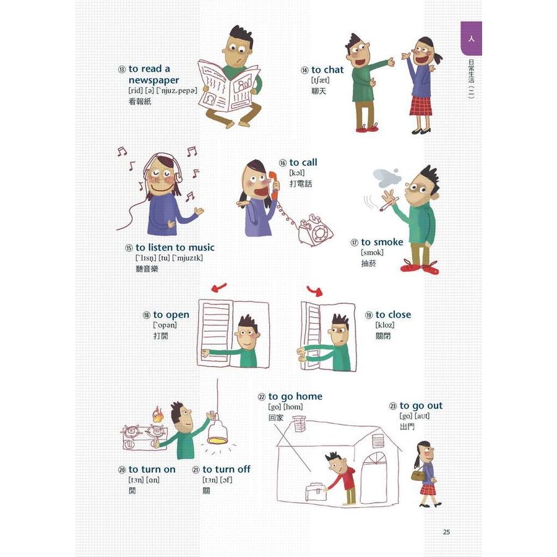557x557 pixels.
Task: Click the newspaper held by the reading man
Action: click(230, 87)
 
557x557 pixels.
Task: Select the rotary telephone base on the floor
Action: click(315, 230)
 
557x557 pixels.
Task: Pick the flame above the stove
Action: click(158, 414)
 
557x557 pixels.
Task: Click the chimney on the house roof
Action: click(298, 423)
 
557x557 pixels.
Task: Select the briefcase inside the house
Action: click(316, 491)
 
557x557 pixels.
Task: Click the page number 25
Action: click(446, 532)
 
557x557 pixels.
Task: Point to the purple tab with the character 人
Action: click(472, 38)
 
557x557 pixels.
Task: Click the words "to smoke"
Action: click(382, 242)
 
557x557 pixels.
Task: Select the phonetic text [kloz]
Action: click(385, 325)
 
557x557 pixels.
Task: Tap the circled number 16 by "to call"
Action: click(283, 163)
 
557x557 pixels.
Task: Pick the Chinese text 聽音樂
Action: click(147, 269)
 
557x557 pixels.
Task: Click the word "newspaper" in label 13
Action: click(154, 80)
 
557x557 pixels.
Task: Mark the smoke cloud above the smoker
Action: click(387, 178)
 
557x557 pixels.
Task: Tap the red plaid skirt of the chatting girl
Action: click(421, 105)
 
